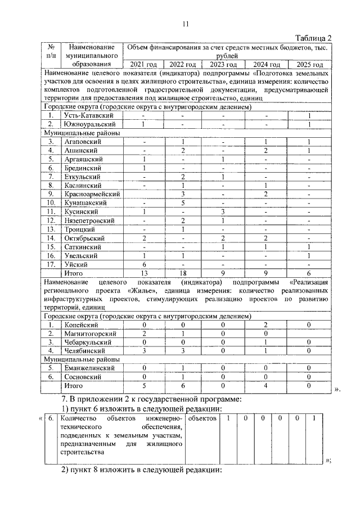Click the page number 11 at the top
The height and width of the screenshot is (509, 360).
pos(186,23)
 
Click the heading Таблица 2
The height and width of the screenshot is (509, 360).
pos(313,38)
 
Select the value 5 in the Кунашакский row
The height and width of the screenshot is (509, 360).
pos(183,202)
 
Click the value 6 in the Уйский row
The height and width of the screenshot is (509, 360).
pos(143,264)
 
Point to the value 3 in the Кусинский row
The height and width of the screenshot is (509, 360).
pos(223,211)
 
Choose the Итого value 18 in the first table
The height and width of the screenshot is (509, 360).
pos(183,273)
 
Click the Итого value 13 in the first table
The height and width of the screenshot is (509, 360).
pos(143,273)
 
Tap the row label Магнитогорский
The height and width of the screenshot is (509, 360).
pos(90,334)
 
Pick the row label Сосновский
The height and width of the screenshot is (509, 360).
pos(85,377)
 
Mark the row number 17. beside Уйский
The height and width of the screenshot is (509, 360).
pos(51,264)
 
